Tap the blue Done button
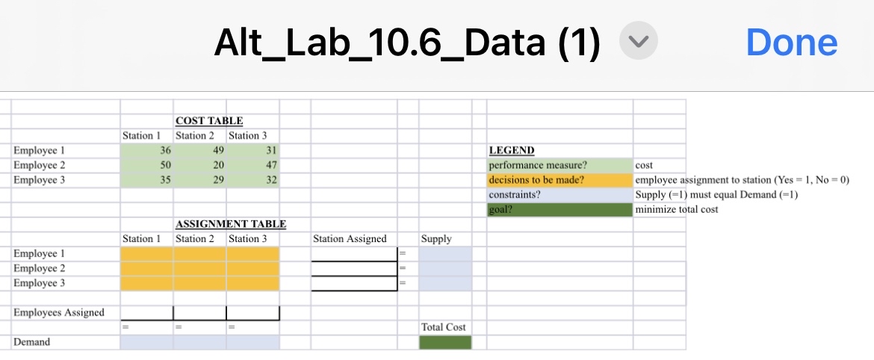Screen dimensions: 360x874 tap(791, 43)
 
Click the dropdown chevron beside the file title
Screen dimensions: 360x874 tap(639, 43)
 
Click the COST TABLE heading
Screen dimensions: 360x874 tap(209, 121)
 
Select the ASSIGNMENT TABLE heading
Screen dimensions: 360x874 tap(231, 224)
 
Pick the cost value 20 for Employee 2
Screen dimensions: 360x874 tap(198, 165)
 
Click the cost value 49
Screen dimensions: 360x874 tap(198, 150)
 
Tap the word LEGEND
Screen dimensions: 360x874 tap(512, 151)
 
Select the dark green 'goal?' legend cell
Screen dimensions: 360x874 tap(559, 209)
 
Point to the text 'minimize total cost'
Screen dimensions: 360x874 tap(676, 209)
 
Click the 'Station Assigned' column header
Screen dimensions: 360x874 tap(350, 239)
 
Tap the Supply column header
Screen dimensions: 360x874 tap(436, 239)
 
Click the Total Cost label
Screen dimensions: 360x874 tap(444, 327)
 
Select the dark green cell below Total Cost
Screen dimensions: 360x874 tap(445, 342)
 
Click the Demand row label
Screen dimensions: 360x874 tap(32, 342)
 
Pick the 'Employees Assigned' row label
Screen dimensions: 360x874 tap(59, 312)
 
